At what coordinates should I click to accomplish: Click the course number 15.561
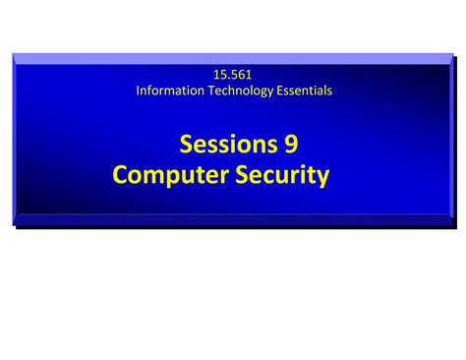click(233, 75)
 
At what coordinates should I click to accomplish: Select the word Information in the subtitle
click(170, 90)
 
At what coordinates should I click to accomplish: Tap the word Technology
click(241, 91)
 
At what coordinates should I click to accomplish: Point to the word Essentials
click(305, 90)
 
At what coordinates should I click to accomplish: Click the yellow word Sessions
click(229, 144)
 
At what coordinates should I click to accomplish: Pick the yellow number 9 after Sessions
click(291, 144)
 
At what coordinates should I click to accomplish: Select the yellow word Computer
click(171, 175)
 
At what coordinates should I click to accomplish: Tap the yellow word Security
click(282, 175)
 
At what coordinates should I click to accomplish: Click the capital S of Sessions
click(187, 144)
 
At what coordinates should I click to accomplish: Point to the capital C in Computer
click(120, 174)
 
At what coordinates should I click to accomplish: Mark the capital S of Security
click(243, 174)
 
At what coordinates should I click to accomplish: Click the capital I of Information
click(138, 90)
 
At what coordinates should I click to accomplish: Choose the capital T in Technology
click(212, 90)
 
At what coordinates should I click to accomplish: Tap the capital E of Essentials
click(280, 90)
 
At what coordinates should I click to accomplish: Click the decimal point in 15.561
click(226, 79)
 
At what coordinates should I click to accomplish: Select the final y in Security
click(323, 179)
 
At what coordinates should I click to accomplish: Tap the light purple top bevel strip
click(233, 59)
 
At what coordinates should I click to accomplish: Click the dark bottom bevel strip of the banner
click(233, 220)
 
